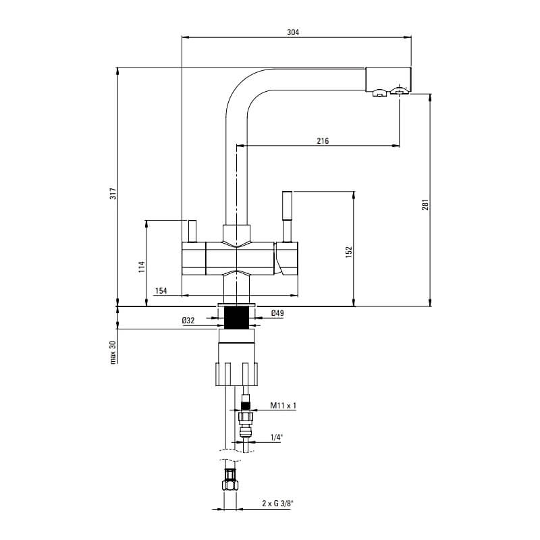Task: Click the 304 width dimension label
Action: (293, 32)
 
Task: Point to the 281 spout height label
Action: (426, 205)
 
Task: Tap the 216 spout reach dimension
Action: (323, 140)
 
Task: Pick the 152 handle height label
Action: (349, 252)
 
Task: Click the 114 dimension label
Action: (142, 267)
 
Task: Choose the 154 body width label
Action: (161, 291)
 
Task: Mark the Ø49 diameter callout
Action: (277, 313)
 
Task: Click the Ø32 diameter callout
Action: (188, 321)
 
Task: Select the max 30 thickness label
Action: (113, 352)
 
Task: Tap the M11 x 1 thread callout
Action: (283, 406)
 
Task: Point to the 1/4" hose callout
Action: (276, 437)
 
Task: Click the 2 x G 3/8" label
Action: (277, 504)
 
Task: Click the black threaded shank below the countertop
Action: (237, 317)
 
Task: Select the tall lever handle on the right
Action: (288, 217)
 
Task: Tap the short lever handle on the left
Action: (192, 231)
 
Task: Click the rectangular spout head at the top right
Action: (388, 79)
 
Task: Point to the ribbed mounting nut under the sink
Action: (236, 374)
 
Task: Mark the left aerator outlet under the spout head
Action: (379, 92)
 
